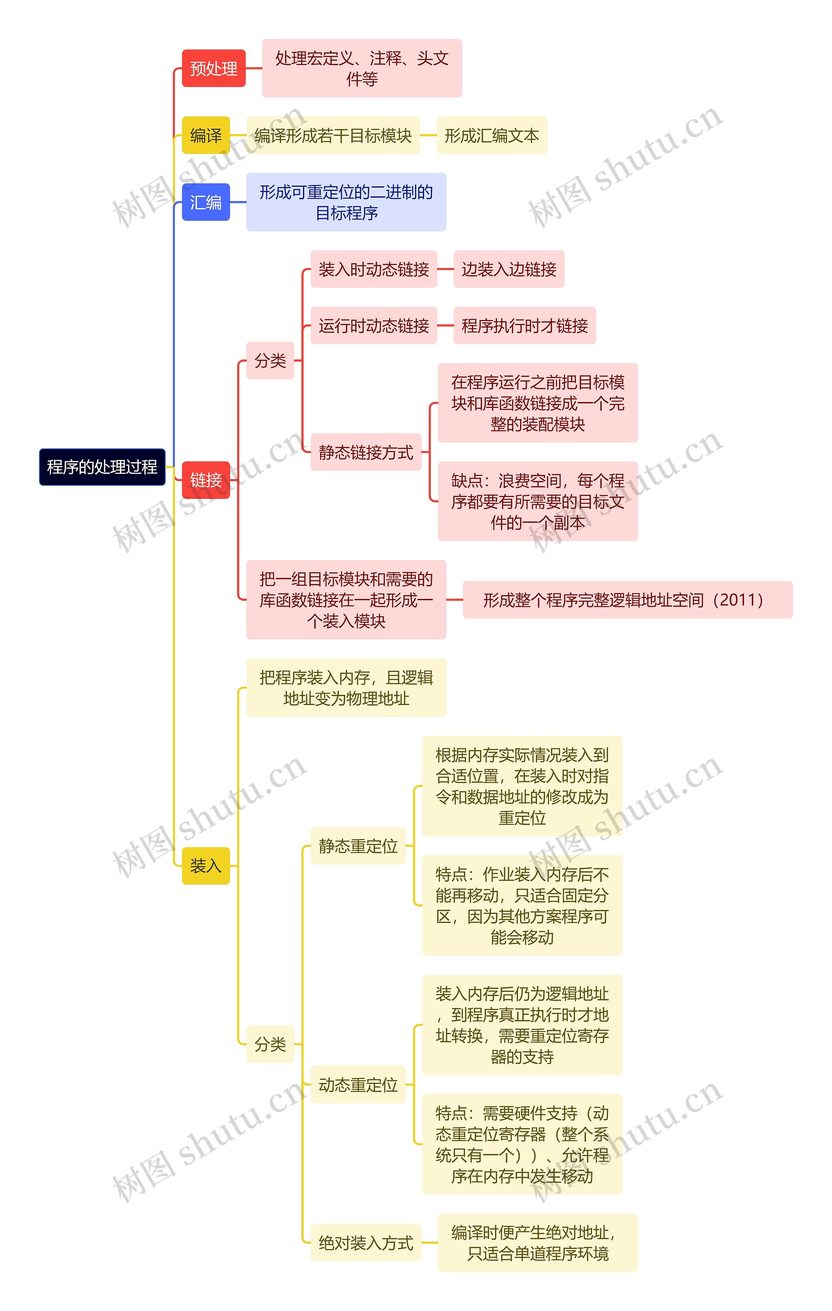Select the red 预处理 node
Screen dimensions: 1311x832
(214, 69)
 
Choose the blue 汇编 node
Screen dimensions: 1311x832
(206, 202)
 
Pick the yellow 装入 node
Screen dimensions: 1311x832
(206, 866)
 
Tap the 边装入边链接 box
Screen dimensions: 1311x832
(509, 269)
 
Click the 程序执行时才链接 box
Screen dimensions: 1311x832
(524, 326)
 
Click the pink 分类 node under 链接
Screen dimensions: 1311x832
(270, 360)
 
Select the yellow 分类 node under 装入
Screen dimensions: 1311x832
(270, 1044)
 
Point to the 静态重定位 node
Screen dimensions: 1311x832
(358, 846)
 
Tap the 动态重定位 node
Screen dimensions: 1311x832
(358, 1085)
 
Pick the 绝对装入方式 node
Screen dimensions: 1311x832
(366, 1243)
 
